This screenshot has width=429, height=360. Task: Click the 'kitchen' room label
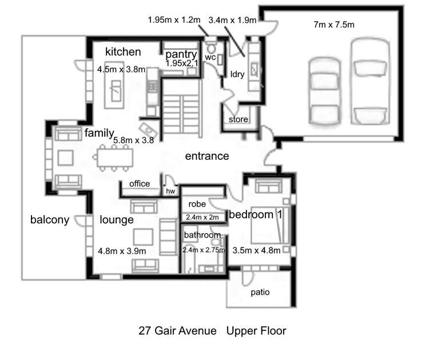click(x=122, y=52)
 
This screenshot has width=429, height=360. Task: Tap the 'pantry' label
click(x=181, y=54)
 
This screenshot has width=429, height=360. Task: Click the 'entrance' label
click(x=206, y=156)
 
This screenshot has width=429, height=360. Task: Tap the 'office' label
click(x=140, y=184)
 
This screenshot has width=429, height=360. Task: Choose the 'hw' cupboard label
click(x=170, y=191)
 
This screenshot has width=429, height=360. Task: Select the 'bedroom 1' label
click(x=257, y=215)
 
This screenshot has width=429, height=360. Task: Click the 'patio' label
click(x=260, y=292)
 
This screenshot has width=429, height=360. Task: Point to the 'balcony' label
click(x=50, y=220)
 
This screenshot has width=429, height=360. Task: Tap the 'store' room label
click(x=238, y=120)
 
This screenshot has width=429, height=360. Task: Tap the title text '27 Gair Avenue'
click(x=178, y=331)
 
